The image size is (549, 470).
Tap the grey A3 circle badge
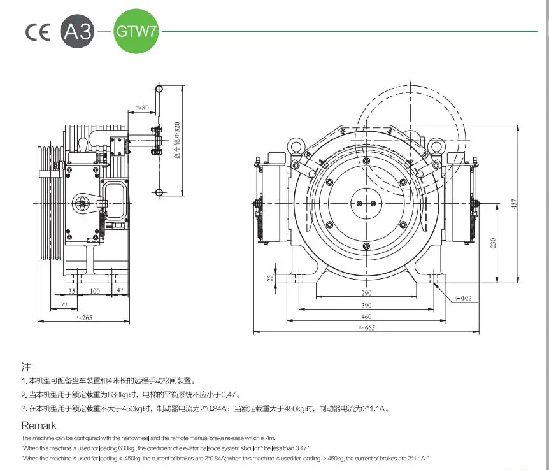coord(78,32)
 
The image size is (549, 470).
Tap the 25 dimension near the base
coord(271,278)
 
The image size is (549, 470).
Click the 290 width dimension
coord(366,293)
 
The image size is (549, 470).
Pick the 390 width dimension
coord(366,305)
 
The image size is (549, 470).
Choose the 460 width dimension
coord(366,317)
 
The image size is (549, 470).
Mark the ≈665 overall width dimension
coord(366,328)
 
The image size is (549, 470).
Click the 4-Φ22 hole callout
coord(464,297)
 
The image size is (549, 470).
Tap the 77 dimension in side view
coord(64,306)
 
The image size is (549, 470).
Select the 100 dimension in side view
coord(95,291)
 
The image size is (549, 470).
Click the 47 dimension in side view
coord(119,291)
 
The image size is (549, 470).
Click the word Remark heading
coord(39,425)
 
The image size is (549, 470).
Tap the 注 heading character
coord(26,367)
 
